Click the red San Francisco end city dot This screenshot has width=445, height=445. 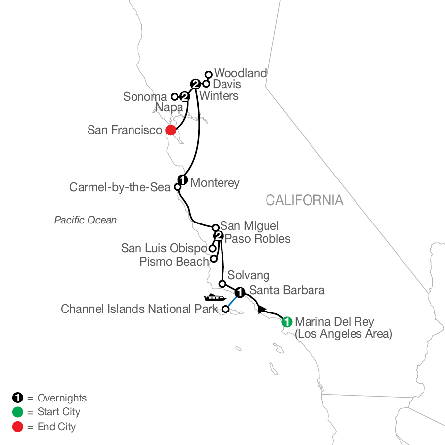tap(171, 131)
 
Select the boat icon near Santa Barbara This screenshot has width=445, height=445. tap(215, 298)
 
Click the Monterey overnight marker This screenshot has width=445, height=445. tap(182, 180)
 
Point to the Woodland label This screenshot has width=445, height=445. tap(240, 73)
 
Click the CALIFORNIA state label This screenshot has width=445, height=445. tap(304, 200)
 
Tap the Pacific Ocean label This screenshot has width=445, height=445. tap(86, 220)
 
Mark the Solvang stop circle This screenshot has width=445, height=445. tap(222, 284)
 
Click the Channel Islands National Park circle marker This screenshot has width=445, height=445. tap(225, 310)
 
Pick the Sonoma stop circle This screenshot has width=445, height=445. tap(174, 97)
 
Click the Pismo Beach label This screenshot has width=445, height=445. tap(176, 261)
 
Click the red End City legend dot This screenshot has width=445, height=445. tap(17, 426)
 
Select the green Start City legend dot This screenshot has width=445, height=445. tap(17, 412)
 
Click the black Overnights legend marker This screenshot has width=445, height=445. tap(17, 398)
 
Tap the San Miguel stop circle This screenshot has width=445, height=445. tap(216, 227)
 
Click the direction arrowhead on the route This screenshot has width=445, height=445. tap(260, 309)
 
